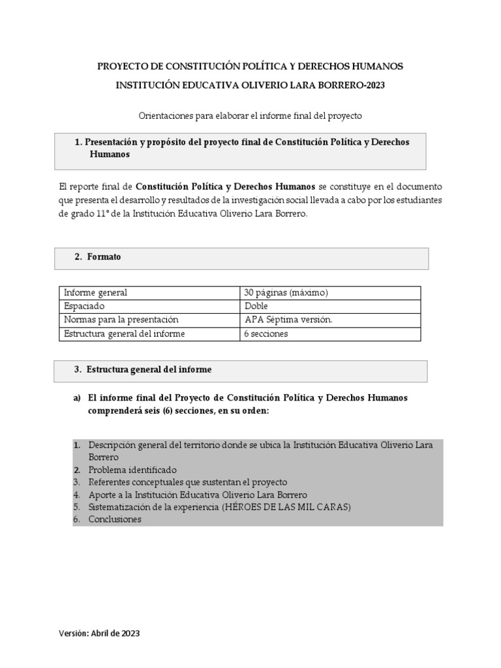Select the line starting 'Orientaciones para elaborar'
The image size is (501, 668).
[x=250, y=115]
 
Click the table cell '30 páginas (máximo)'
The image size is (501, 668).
[x=286, y=293]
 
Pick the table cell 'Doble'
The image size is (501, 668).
[x=256, y=307]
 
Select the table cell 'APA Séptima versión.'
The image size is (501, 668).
[x=288, y=320]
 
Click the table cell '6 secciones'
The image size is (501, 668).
[x=266, y=334]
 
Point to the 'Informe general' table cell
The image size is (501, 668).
[x=95, y=293]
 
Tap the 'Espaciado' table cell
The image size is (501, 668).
[x=84, y=307]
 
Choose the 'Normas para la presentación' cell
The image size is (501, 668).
[x=121, y=320]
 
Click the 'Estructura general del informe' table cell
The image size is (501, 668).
[x=124, y=334]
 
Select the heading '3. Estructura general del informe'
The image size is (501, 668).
[x=142, y=370]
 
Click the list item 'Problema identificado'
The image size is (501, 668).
[x=132, y=470]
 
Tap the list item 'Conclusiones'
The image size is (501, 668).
[x=115, y=519]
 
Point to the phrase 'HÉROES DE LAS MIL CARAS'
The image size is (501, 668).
[x=286, y=507]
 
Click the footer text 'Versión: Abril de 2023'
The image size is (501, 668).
[x=99, y=633]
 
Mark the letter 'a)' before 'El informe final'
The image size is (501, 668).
[x=77, y=398]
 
